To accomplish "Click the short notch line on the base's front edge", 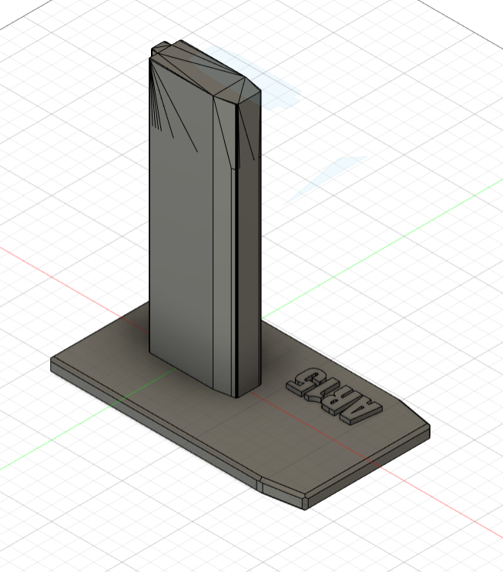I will [261, 485].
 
